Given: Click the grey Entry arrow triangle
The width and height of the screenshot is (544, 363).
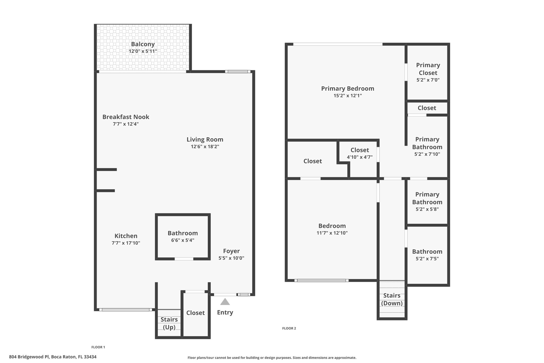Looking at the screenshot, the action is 225,302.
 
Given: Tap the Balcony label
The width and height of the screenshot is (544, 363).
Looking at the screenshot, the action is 143,44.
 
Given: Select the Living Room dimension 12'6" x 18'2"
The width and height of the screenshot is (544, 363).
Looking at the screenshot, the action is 205,147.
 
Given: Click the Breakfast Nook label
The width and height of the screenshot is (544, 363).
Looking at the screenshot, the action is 126,117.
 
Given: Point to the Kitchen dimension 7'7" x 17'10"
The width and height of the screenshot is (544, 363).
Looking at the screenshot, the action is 126,243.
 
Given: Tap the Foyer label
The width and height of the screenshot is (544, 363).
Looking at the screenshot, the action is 231,251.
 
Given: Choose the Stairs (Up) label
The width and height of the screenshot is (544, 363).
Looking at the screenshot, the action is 169,323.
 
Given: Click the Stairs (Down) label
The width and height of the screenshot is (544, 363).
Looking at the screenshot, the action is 392,299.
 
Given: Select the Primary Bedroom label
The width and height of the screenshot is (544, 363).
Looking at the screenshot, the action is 348,89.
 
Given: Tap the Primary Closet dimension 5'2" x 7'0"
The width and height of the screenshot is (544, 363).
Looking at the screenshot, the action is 428,80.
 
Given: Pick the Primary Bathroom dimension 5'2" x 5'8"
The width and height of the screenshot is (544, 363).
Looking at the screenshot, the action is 427,209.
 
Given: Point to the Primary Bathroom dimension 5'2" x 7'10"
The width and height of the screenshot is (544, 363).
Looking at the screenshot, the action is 427,154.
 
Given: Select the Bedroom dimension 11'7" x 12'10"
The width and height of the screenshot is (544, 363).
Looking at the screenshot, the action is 332,233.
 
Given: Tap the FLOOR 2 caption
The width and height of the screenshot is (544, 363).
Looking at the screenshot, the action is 289,328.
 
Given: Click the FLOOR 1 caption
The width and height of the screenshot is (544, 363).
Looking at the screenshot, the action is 98,347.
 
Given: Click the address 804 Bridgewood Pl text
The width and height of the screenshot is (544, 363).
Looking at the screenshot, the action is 29,357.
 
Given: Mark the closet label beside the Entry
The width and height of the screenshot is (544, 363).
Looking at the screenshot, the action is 195,313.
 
